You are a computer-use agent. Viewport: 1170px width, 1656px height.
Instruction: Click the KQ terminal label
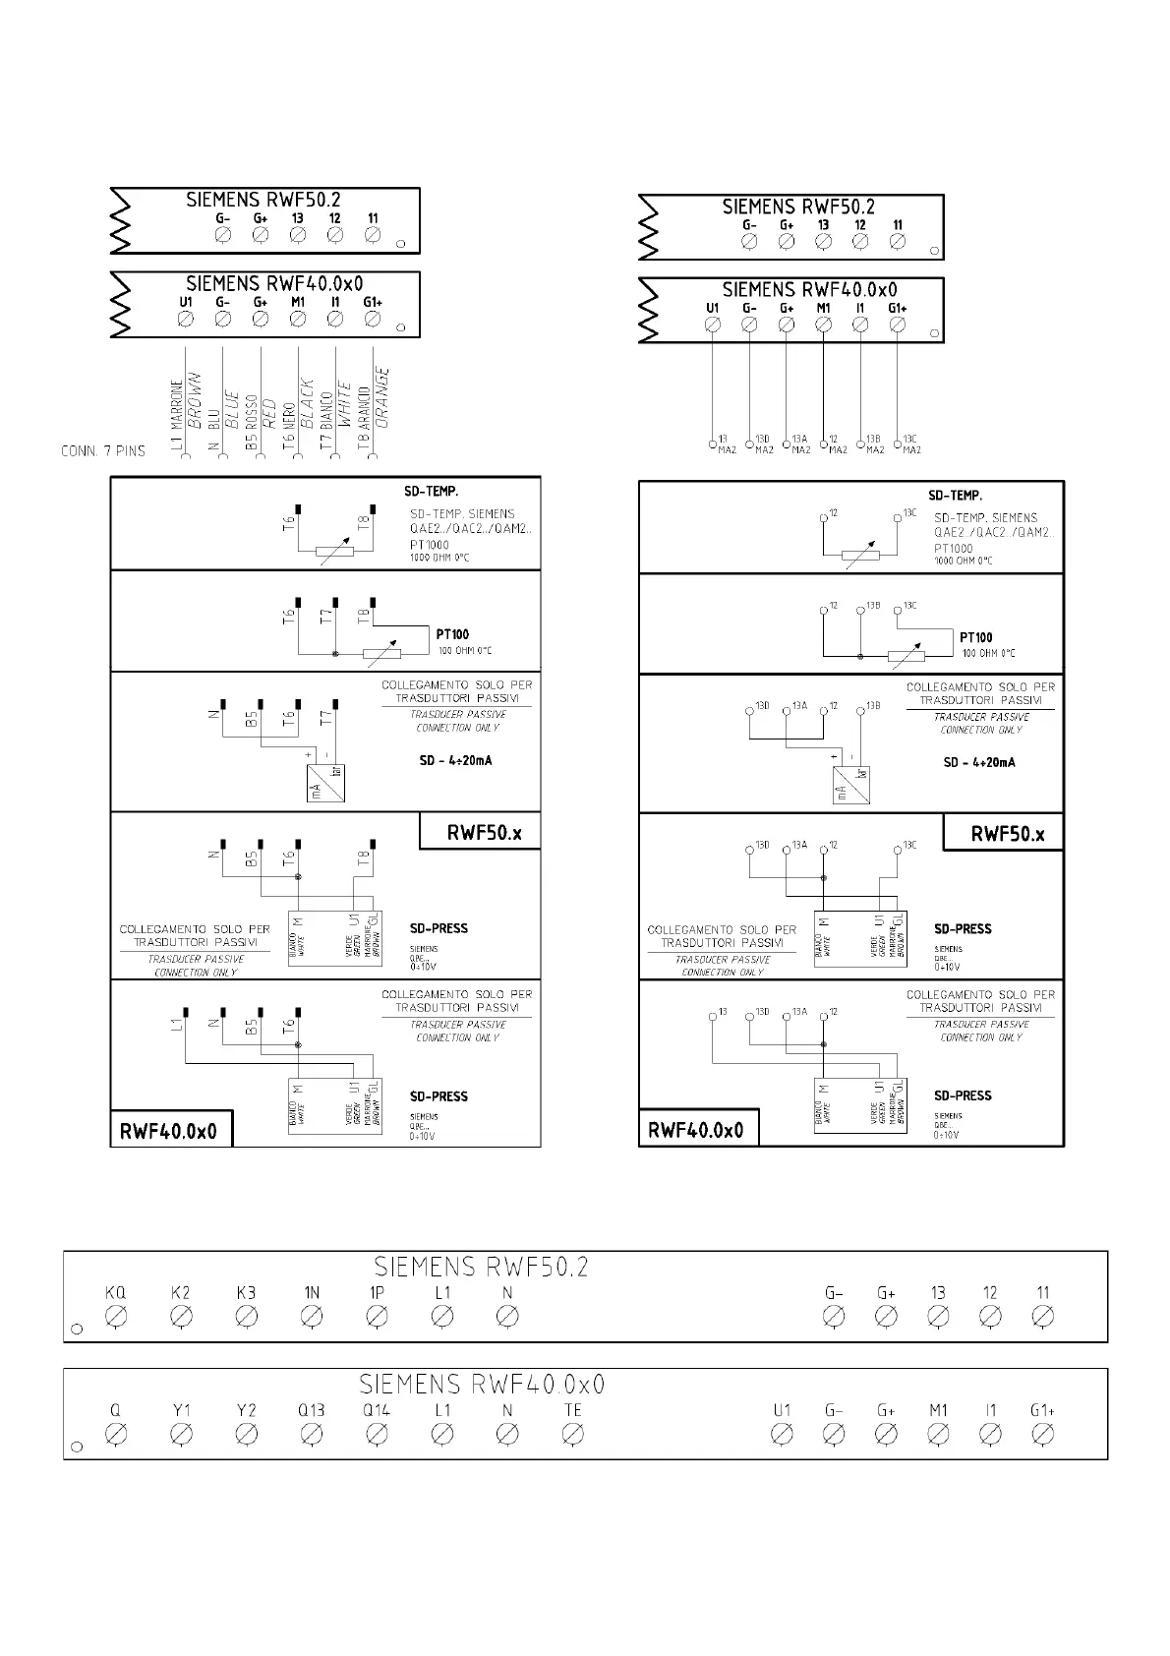[x=115, y=1292]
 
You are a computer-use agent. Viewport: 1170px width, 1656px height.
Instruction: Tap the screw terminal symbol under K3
[x=246, y=1316]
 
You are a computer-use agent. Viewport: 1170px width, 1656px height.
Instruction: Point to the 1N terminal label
[x=311, y=1292]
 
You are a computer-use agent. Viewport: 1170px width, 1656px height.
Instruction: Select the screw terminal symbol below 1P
[x=377, y=1316]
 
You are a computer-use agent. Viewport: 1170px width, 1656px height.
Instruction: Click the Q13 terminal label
[x=311, y=1410]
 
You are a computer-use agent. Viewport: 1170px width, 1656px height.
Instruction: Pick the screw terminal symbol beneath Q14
[x=377, y=1435]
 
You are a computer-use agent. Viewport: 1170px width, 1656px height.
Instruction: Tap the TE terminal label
[x=572, y=1410]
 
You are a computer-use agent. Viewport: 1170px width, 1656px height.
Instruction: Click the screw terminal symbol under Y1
[x=181, y=1435]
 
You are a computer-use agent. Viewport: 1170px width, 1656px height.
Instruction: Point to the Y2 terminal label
[x=246, y=1410]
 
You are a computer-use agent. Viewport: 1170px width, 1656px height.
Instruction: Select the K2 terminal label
[x=180, y=1292]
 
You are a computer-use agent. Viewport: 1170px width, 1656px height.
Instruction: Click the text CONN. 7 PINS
[x=102, y=451]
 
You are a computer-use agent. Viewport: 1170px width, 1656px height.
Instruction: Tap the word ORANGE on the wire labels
[x=383, y=397]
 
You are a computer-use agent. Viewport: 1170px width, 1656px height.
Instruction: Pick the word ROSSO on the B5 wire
[x=252, y=412]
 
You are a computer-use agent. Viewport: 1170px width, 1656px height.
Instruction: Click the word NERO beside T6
[x=289, y=415]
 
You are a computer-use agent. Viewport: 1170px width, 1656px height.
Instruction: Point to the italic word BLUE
[x=232, y=408]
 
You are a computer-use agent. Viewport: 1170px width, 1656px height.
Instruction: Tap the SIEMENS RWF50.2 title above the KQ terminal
[x=482, y=1266]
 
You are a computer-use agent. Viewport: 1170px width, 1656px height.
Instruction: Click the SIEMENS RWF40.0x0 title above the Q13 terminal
[x=482, y=1385]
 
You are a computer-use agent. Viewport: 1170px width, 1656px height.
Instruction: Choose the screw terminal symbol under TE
[x=572, y=1435]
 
